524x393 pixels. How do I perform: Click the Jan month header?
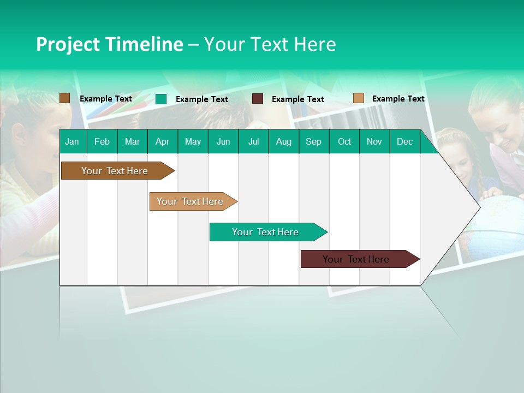point(72,142)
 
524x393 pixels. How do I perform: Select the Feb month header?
point(102,142)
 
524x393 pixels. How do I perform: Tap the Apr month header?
point(162,142)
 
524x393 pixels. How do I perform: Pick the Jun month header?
point(223,142)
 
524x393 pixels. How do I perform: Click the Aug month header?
point(283,142)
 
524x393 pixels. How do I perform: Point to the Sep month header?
point(313,142)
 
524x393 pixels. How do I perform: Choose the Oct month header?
point(344,142)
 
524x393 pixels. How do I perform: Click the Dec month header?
point(404,142)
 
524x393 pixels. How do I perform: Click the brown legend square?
point(64,98)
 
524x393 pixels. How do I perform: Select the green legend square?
point(161,99)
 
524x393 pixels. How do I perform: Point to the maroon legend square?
point(258,99)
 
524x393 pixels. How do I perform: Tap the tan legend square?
point(358,98)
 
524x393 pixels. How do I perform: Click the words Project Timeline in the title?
point(109,44)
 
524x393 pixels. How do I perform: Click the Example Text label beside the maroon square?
point(297,99)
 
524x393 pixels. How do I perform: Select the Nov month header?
point(374,142)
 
